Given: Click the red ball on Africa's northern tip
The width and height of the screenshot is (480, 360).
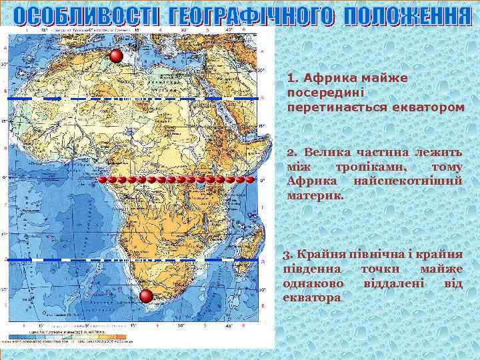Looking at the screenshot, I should tap(117, 56).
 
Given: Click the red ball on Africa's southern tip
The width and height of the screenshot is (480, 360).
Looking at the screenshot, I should tap(147, 298).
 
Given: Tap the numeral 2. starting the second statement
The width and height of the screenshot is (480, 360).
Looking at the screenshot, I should tap(291, 154).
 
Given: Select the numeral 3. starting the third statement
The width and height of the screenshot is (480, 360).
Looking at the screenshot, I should tap(287, 255).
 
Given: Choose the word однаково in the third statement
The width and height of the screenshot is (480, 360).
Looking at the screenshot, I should tap(313, 283).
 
